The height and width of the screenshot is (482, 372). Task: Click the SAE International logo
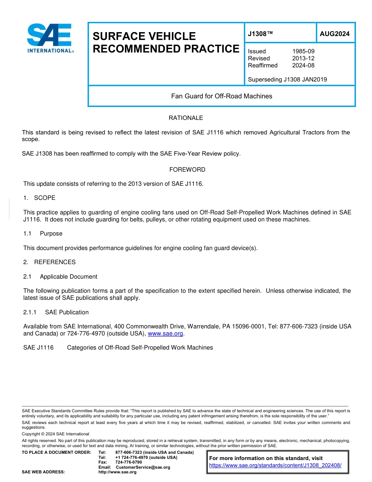click(x=50, y=38)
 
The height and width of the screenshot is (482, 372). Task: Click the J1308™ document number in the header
click(x=260, y=34)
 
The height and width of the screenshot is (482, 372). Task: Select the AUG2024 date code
click(x=334, y=34)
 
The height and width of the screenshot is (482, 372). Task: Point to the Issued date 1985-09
click(x=303, y=51)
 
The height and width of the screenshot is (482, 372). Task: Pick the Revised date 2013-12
click(x=303, y=58)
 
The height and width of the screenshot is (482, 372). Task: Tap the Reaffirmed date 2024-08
click(x=303, y=65)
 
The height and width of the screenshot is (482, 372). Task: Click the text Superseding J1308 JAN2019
click(x=287, y=80)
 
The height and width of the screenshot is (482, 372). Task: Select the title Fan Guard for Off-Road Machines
click(x=221, y=96)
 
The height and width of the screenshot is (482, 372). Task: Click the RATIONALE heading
click(x=186, y=118)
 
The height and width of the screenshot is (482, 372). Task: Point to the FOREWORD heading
click(x=187, y=170)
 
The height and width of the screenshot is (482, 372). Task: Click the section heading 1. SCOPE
click(x=40, y=198)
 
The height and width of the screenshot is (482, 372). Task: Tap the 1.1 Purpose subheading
click(x=43, y=234)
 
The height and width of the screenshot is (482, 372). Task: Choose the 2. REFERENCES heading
click(x=50, y=262)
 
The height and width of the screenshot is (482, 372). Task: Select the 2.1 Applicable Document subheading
click(x=60, y=277)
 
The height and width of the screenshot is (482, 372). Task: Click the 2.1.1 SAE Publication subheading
click(x=56, y=312)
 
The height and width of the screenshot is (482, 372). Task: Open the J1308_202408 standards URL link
click(x=275, y=466)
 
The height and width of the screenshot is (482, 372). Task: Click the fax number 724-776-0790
click(x=128, y=462)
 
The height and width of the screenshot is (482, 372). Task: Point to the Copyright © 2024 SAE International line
click(x=56, y=434)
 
